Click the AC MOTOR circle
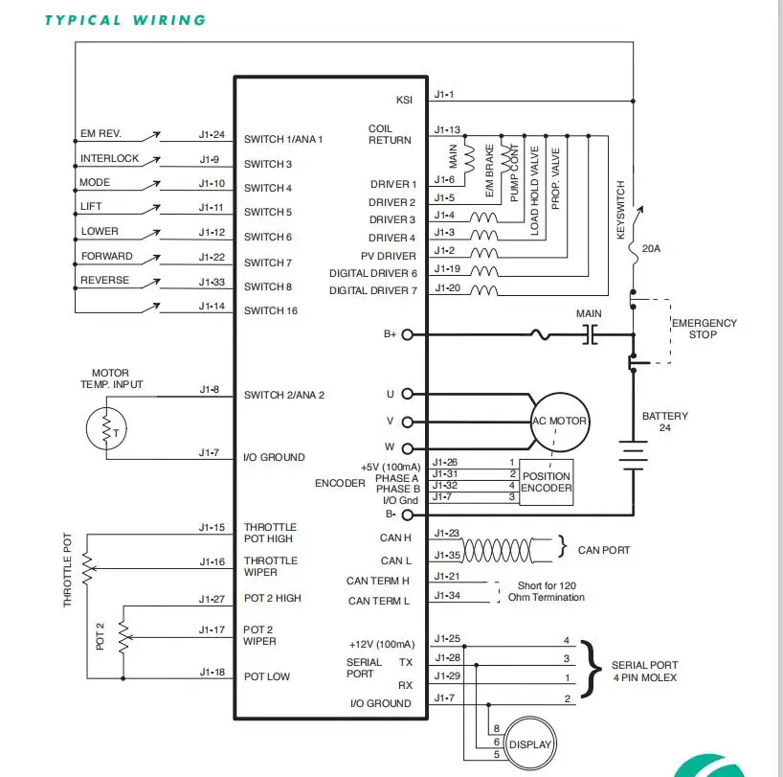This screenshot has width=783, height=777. pyautogui.click(x=560, y=394)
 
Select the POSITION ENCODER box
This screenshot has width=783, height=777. pyautogui.click(x=547, y=482)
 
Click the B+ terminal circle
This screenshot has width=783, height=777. pyautogui.click(x=408, y=334)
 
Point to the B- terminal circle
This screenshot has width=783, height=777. pyautogui.click(x=408, y=514)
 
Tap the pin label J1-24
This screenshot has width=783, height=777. pyautogui.click(x=212, y=134)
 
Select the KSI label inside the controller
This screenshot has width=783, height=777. pyautogui.click(x=405, y=100)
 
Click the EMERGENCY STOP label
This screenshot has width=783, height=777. pyautogui.click(x=705, y=329)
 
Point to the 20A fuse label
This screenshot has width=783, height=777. pyautogui.click(x=651, y=248)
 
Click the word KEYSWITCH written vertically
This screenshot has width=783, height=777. pyautogui.click(x=620, y=210)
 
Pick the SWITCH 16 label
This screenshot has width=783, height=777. pyautogui.click(x=271, y=310)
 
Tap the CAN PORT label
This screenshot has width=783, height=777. pyautogui.click(x=604, y=550)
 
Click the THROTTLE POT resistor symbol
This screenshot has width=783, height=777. pyautogui.click(x=87, y=569)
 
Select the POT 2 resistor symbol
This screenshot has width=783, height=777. pyautogui.click(x=123, y=637)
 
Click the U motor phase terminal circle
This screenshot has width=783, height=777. pyautogui.click(x=408, y=394)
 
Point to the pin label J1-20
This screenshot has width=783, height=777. pyautogui.click(x=447, y=287)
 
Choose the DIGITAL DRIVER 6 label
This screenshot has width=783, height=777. pyautogui.click(x=373, y=273)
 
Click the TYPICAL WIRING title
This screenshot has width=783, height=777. pyautogui.click(x=125, y=20)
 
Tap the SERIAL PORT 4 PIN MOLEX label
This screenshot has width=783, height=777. pyautogui.click(x=644, y=671)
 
